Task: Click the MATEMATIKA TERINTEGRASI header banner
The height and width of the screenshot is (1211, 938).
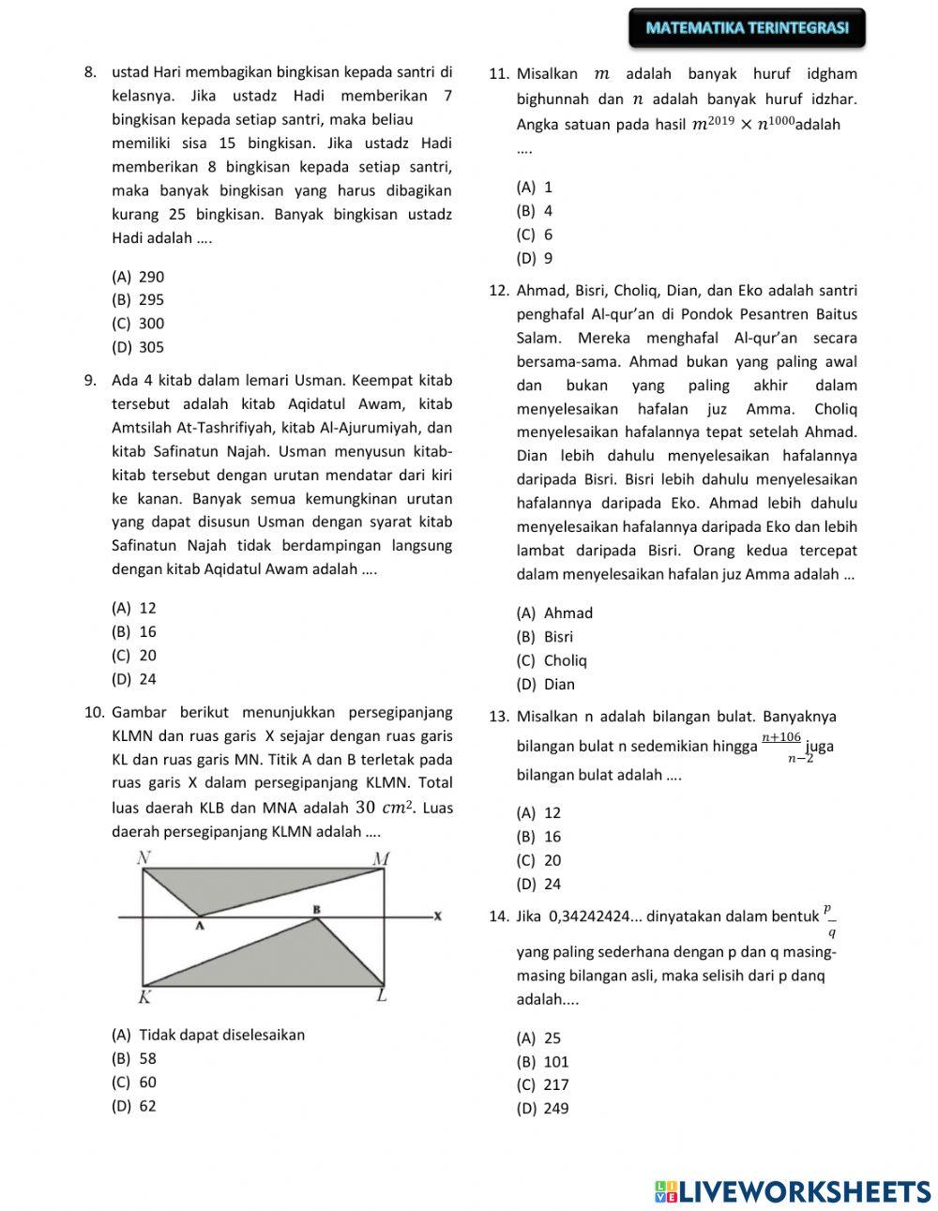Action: (747, 28)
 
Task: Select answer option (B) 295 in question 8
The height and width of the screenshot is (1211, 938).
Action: (138, 300)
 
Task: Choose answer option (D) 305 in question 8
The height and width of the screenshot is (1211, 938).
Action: (138, 347)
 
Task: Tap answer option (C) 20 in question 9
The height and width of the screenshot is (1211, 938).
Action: (134, 656)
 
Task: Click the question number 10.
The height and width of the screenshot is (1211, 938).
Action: (95, 712)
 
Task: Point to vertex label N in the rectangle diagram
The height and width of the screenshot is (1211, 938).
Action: (144, 856)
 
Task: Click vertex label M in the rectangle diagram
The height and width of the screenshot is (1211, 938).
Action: (381, 857)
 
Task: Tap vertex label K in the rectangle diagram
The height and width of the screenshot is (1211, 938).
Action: (146, 997)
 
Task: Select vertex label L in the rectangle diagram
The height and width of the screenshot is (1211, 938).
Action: (382, 996)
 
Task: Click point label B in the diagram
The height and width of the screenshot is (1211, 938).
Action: (317, 909)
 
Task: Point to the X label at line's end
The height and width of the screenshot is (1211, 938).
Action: (437, 916)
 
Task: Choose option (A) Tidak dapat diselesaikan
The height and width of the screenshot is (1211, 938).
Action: (208, 1035)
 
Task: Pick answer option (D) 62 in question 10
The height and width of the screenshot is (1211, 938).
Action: (134, 1106)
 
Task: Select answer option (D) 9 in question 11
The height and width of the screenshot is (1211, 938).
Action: (535, 258)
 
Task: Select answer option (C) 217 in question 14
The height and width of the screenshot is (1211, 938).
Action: (543, 1085)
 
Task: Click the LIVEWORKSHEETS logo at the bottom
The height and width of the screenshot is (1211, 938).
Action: (793, 1191)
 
